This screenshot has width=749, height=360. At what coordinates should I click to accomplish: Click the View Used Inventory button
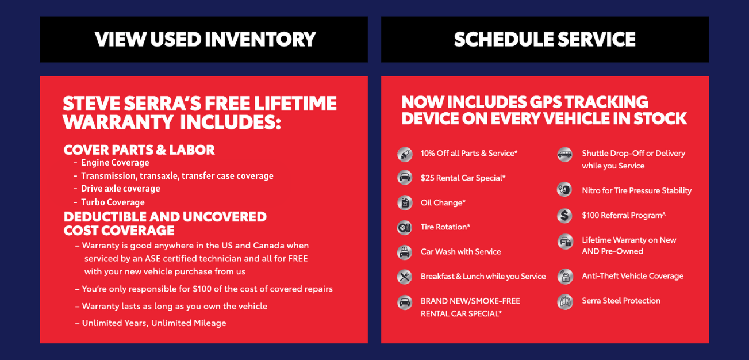coord(204,40)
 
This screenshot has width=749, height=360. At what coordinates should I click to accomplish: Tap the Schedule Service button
coord(545,40)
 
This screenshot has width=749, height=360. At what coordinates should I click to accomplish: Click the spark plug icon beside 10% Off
coord(405,154)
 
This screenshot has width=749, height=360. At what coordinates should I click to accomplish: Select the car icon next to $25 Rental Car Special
coord(405,177)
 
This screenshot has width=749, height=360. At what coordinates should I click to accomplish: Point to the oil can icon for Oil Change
coord(405,203)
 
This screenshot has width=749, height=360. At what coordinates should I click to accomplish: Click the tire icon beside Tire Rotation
coord(405,228)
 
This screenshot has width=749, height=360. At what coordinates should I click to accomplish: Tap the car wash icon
coord(405,252)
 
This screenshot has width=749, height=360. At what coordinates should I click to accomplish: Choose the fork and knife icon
coord(405,277)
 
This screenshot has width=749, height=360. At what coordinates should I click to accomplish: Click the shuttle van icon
coord(564,155)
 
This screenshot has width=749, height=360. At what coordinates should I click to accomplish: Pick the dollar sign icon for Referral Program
coord(564,216)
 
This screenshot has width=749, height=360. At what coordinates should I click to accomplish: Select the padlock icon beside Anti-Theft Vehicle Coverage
coord(565,277)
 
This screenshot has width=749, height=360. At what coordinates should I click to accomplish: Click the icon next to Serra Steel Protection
coord(565,301)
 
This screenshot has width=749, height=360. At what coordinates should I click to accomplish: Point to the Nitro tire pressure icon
coord(564,189)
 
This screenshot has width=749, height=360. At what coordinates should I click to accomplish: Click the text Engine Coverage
coord(115,163)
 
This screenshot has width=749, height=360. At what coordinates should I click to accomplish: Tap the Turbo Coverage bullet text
coord(113,202)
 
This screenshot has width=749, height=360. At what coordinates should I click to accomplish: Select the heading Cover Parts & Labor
coord(139,150)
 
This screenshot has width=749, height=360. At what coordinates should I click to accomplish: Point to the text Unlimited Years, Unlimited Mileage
coord(154,323)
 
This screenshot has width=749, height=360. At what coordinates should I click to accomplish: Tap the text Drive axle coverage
coord(121,189)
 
